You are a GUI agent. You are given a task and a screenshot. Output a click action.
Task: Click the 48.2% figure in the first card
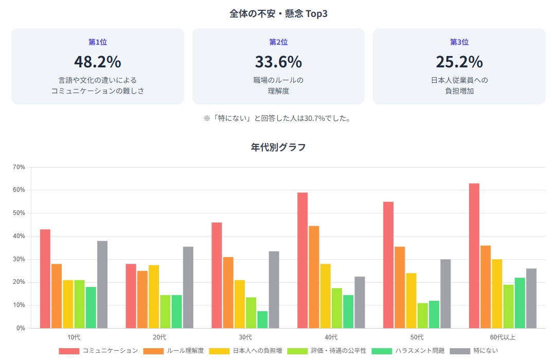98,62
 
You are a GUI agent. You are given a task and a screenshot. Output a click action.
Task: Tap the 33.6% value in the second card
278,62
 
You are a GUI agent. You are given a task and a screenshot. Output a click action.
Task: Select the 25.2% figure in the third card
459,62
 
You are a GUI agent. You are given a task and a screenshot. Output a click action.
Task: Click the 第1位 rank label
98,42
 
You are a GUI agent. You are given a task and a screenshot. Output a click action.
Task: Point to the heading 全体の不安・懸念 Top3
278,14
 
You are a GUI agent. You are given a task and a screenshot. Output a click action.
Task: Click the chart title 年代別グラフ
278,148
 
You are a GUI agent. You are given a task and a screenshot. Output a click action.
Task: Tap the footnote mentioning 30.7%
278,118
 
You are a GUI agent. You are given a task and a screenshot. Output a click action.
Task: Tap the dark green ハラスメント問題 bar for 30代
262,319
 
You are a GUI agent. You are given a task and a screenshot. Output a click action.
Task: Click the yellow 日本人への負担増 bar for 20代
154,296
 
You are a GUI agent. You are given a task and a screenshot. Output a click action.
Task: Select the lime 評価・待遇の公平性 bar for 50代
422,315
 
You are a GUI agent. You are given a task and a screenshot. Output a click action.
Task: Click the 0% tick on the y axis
21,328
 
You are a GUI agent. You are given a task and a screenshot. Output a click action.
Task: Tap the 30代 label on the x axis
245,337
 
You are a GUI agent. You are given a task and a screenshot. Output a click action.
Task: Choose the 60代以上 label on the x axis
502,337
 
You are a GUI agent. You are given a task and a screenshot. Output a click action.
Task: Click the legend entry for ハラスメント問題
409,351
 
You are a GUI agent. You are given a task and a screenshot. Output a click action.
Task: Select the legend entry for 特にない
474,351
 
